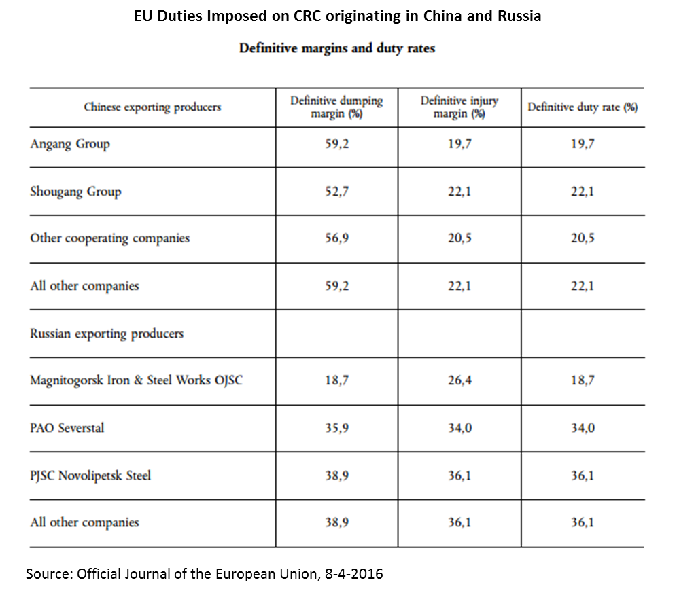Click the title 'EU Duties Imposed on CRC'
click(x=338, y=16)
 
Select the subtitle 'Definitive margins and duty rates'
click(x=336, y=49)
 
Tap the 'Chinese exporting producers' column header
click(x=152, y=107)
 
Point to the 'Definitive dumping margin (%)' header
click(x=336, y=107)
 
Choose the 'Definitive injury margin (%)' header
click(x=459, y=107)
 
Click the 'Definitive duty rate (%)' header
click(x=583, y=107)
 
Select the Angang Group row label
click(x=70, y=144)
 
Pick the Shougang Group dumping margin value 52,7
click(x=336, y=192)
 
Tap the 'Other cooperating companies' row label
click(x=109, y=238)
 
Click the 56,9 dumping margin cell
click(x=336, y=238)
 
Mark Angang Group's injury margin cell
click(x=459, y=144)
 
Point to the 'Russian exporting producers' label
click(x=107, y=334)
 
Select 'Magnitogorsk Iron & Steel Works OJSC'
click(x=136, y=380)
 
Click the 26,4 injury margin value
click(x=459, y=380)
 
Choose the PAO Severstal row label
click(x=67, y=428)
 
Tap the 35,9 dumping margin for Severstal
click(x=336, y=428)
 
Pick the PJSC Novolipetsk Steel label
click(x=90, y=475)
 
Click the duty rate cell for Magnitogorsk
click(x=583, y=380)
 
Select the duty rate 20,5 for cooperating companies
click(x=583, y=238)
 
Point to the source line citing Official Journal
click(x=204, y=574)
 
